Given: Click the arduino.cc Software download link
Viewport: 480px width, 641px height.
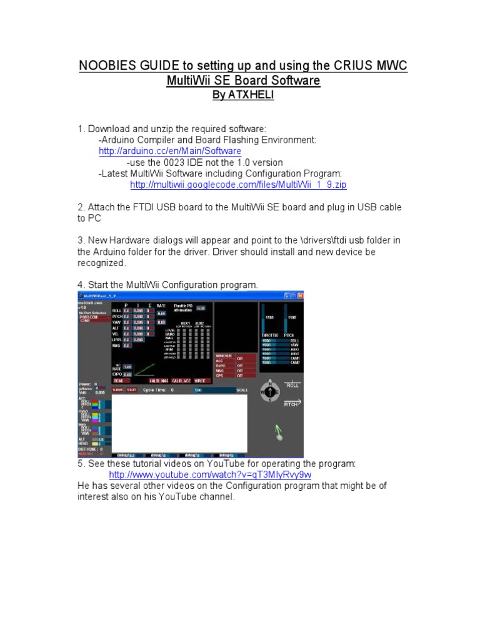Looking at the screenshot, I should pos(169,151).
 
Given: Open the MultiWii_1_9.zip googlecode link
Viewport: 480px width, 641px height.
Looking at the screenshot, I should pos(238,185).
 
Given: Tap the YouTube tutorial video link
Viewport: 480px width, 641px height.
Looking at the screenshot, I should pos(210,474).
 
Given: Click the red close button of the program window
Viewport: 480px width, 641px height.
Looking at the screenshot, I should pos(300,295).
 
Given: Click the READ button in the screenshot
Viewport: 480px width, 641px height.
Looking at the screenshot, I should pos(119,380).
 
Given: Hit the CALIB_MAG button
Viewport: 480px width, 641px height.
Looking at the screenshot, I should pos(158,380).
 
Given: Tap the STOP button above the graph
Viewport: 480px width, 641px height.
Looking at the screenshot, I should pos(131,390).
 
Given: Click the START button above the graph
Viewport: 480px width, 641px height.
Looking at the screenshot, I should pos(118,390).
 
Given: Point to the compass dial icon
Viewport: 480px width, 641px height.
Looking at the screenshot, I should pos(269,391).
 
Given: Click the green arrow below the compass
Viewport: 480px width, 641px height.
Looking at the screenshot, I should pos(279,431).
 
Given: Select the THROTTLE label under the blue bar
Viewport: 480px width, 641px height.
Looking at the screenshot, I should pos(269,336).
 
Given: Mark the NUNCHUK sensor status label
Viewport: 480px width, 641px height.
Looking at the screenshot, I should pos(223,355).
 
